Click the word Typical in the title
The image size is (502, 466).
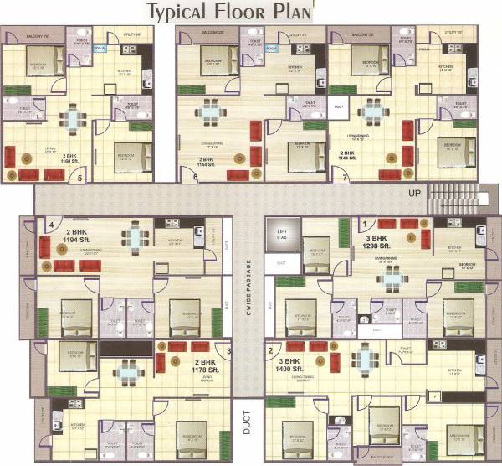click(180, 12)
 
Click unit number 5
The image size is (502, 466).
click(80, 178)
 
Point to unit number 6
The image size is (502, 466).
click(195, 177)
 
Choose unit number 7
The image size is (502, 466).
click(346, 177)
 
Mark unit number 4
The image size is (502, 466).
click(50, 225)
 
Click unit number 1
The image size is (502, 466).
click(365, 222)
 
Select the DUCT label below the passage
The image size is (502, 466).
click(246, 427)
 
